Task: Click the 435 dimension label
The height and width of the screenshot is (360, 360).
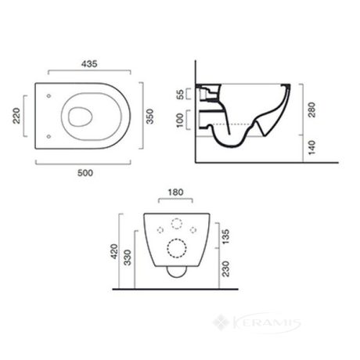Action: (x=89, y=64)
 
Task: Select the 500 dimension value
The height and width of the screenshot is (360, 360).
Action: (x=85, y=173)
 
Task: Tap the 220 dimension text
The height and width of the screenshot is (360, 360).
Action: (x=16, y=116)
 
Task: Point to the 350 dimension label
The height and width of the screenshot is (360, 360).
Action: (x=150, y=117)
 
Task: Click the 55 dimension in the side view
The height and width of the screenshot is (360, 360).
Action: (x=180, y=94)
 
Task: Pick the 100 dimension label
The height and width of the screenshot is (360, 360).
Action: (x=180, y=120)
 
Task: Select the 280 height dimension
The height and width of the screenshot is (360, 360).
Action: (x=311, y=110)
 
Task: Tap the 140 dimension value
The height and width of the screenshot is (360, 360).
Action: (x=311, y=148)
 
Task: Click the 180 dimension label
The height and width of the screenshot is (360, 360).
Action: (x=175, y=193)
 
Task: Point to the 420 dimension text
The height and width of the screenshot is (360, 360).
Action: (x=114, y=251)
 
